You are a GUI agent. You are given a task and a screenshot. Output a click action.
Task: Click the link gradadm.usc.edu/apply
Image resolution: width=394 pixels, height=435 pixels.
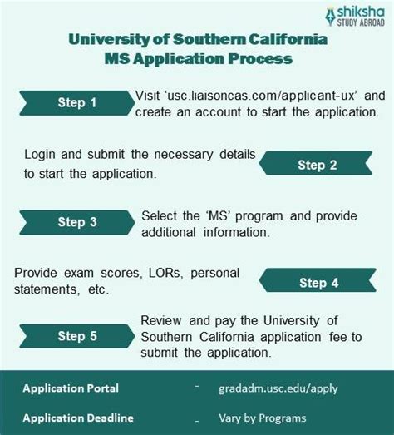pyautogui.click(x=278, y=388)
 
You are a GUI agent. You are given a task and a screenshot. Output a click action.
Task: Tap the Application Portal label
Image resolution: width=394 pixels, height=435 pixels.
pyautogui.click(x=71, y=388)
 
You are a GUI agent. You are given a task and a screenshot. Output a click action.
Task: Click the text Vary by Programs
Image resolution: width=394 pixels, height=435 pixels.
pyautogui.click(x=263, y=418)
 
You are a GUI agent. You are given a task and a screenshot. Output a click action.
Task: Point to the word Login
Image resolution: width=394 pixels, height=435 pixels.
pyautogui.click(x=41, y=156)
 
